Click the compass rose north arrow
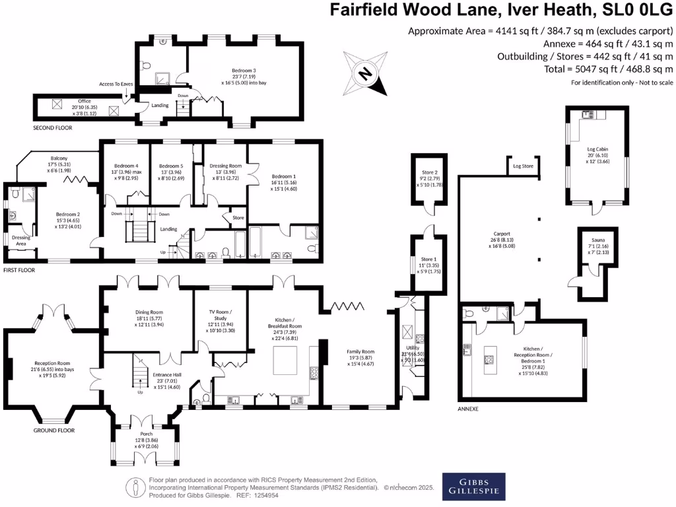click(x=363, y=73)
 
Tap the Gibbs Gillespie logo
click(x=474, y=487)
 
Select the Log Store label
click(x=523, y=166)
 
